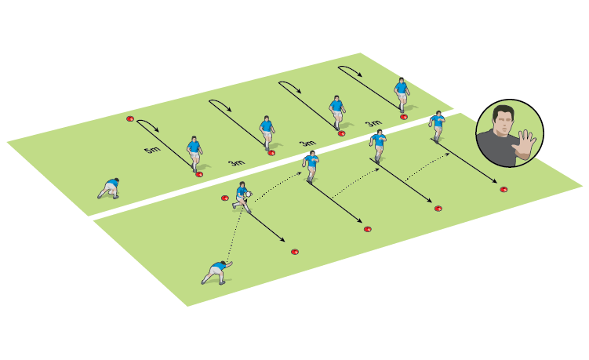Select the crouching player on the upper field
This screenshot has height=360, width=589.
tap(109, 187)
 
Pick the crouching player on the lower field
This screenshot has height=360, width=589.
tap(215, 272)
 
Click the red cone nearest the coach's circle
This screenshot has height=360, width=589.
tap(504, 189)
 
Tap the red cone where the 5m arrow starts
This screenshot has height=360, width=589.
tap(130, 119)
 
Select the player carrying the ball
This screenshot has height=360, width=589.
tap(242, 197)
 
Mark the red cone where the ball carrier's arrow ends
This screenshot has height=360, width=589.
tap(295, 252)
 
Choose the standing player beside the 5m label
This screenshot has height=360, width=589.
tap(194, 152)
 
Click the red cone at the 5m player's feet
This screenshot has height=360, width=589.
tap(199, 174)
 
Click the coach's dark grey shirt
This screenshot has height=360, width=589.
tap(498, 149)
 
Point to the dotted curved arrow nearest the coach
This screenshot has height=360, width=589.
tap(427, 163)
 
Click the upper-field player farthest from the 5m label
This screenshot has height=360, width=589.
tap(402, 93)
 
